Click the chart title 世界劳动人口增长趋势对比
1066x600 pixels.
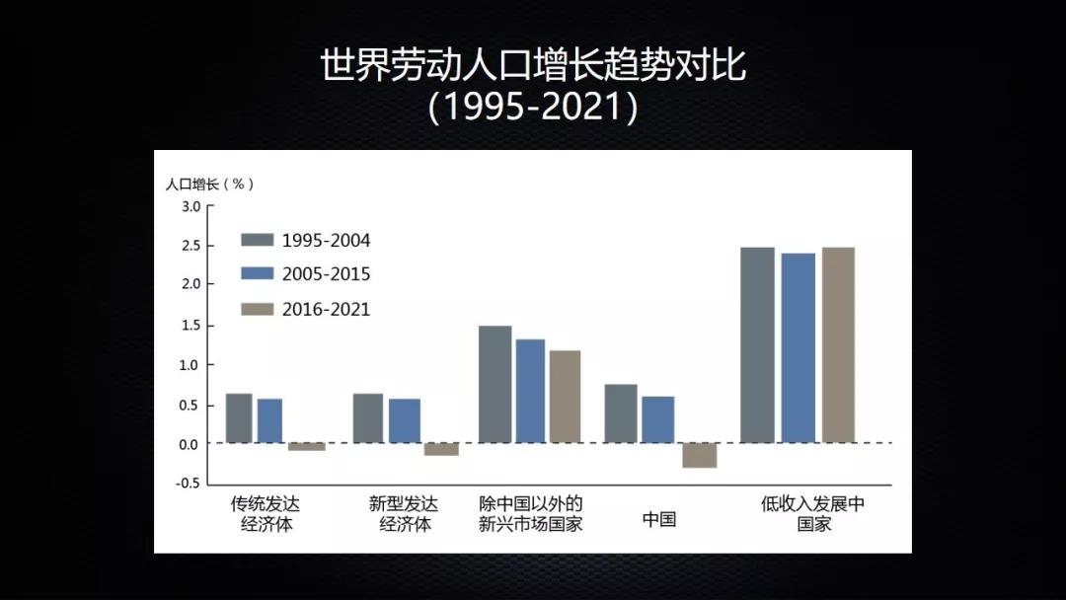coord(533,64)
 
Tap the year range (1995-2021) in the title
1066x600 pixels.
coord(533,107)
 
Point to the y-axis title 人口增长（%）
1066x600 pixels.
coord(210,185)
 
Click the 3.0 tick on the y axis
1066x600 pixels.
coord(191,206)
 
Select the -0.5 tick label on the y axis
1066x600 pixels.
coord(189,484)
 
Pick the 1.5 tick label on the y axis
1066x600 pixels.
coord(191,326)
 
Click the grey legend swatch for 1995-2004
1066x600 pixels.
coord(257,240)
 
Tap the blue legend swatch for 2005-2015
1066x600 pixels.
coord(257,273)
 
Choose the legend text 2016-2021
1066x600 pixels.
coord(327,309)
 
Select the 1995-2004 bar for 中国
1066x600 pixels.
coord(621,413)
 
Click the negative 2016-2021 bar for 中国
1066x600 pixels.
coord(700,455)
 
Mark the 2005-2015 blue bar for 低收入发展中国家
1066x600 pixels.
coord(799,348)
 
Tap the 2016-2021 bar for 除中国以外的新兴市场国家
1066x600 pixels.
coord(565,397)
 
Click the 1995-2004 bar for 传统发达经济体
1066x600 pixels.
coord(239,418)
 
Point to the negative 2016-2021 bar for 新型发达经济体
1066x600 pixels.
coord(441,449)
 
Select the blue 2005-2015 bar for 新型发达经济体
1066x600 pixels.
coord(405,420)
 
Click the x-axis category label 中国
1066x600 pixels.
coord(658,519)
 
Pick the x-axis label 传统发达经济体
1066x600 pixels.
coord(266,514)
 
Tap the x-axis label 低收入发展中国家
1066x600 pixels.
coord(813,514)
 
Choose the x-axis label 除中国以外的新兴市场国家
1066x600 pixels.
coord(530,514)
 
